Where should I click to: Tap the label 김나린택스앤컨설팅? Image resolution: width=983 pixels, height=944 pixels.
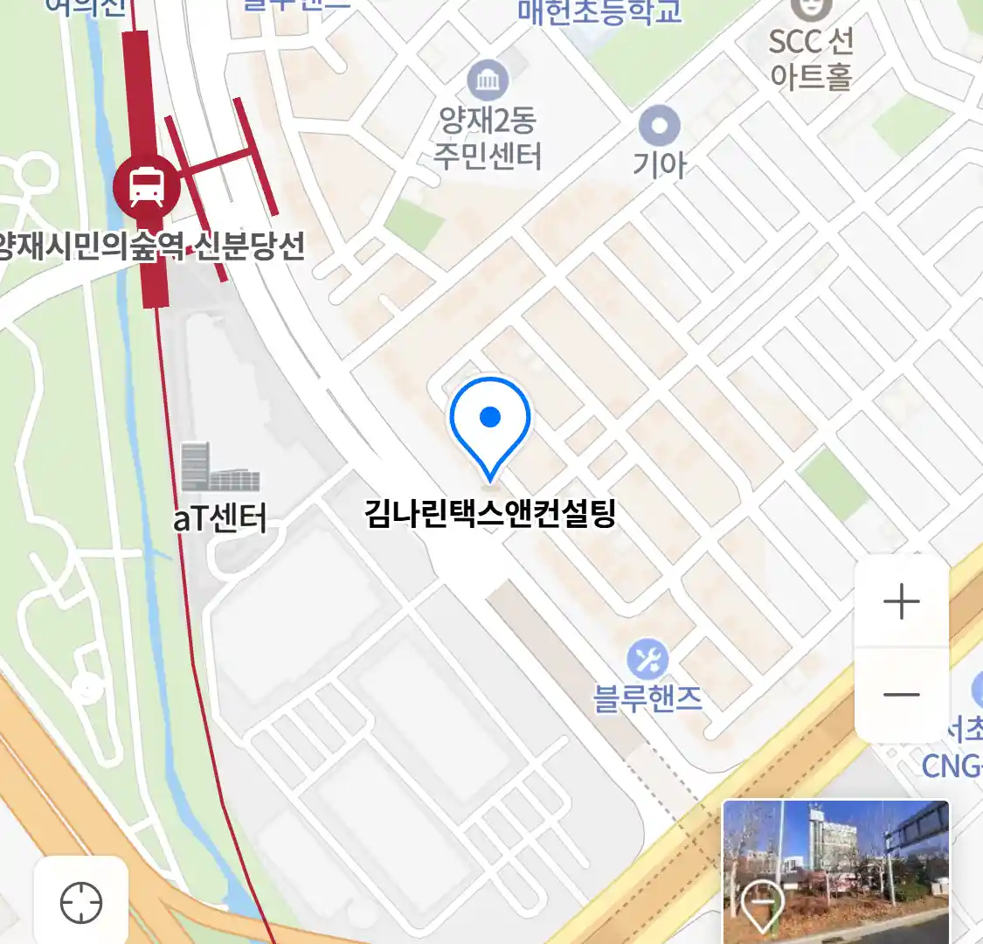point(490,512)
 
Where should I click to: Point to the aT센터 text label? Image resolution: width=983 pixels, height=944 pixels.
point(219,518)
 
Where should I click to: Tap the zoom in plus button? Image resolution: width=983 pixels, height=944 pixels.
point(901,602)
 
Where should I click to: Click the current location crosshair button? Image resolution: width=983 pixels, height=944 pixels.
point(81,902)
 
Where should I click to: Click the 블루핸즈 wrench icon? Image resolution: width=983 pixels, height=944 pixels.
point(647,660)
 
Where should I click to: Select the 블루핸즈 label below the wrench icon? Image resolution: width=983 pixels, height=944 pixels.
point(647,698)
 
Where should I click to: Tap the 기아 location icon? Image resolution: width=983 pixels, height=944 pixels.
point(659,127)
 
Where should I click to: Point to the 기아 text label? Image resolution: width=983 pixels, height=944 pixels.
point(660,164)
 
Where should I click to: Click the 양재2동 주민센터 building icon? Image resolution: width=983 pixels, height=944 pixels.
point(488,81)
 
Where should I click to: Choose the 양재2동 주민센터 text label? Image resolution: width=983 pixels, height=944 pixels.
point(488,138)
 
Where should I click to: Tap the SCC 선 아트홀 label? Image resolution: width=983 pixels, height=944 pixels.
point(811,59)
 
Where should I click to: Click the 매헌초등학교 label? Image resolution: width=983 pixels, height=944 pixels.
point(599,12)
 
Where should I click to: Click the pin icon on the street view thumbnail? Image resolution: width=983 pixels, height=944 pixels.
point(762,905)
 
